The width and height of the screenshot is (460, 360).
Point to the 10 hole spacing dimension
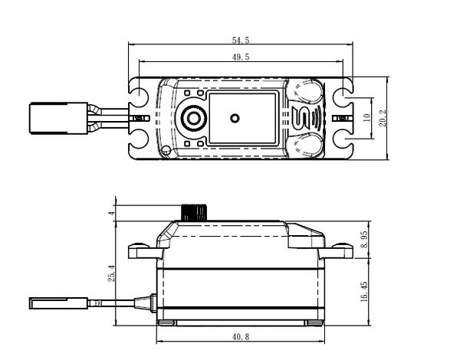tap(367, 119)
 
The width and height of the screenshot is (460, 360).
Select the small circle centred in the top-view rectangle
tap(235, 119)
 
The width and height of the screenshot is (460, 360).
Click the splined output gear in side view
tap(193, 211)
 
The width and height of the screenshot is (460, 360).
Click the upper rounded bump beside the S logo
tap(305, 93)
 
